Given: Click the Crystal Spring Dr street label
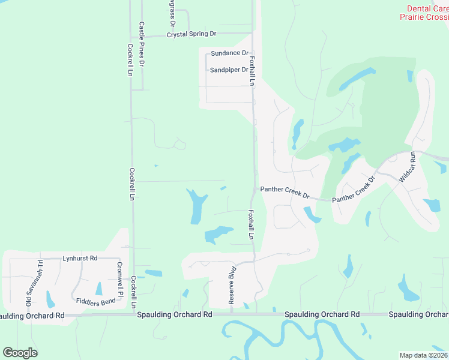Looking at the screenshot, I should tap(191, 35).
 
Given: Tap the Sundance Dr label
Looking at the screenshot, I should tap(229, 53).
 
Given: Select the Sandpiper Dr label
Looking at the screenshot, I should tap(229, 70).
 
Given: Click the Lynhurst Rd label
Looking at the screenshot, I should tap(80, 259).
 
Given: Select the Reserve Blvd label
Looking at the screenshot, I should tap(231, 285).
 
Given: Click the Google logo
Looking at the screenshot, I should tap(20, 352).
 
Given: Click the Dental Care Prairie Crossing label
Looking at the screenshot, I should tap(426, 13).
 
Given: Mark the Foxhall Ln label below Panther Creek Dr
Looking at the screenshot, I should tap(250, 224).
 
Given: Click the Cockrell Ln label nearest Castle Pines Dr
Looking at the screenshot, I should tap(130, 59).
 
